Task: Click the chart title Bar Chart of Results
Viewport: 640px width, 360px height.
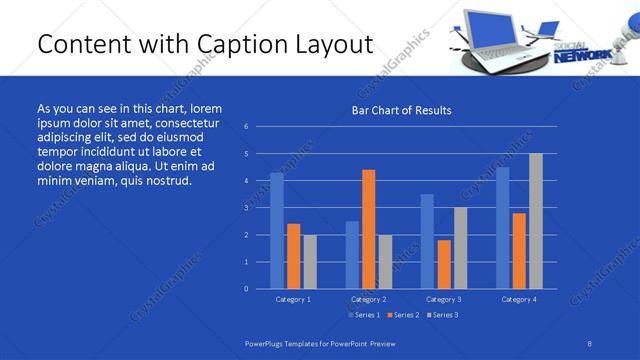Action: click(401, 110)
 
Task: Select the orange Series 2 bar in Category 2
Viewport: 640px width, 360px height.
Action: click(368, 229)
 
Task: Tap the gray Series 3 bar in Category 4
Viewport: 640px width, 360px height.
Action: click(536, 221)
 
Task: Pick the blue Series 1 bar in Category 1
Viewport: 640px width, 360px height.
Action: click(277, 231)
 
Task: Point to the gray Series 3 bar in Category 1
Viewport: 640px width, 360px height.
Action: click(310, 262)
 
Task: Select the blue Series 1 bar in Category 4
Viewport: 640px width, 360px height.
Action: click(502, 228)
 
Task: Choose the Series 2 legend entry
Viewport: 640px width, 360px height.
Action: click(401, 315)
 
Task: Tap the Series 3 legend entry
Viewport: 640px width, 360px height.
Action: click(441, 315)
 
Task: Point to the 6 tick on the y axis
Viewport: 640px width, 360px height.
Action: click(246, 127)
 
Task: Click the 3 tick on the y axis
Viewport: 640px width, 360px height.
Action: click(246, 208)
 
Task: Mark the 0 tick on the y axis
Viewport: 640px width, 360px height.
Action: click(246, 289)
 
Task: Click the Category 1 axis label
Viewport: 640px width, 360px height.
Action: click(293, 299)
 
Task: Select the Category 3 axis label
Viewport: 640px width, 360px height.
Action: click(444, 299)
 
